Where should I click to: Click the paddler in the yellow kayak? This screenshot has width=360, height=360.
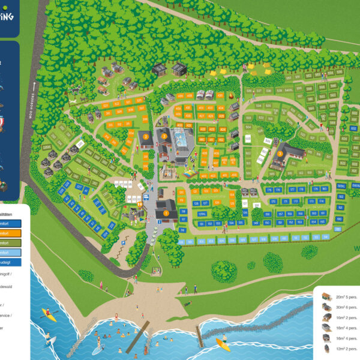click(48, 314)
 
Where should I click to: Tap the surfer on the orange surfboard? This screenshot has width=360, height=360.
click(223, 343)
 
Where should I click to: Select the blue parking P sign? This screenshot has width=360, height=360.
click(124, 242)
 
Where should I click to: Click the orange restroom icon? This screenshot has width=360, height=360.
click(139, 204)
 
